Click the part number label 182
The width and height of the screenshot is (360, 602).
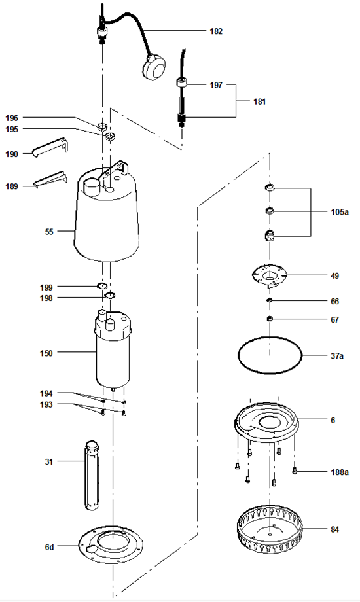point(216,31)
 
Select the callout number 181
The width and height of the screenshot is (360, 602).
point(259,101)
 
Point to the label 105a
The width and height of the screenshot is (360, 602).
point(340,212)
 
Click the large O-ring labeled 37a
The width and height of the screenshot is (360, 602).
point(270,372)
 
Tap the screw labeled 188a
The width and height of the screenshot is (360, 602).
point(295,470)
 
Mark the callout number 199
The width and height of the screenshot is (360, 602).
point(46,287)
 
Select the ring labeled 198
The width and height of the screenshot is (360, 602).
point(109,296)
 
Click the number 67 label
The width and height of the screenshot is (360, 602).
point(335,320)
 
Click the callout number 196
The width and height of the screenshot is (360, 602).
point(12,118)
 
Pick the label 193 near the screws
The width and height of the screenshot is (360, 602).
point(46,404)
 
